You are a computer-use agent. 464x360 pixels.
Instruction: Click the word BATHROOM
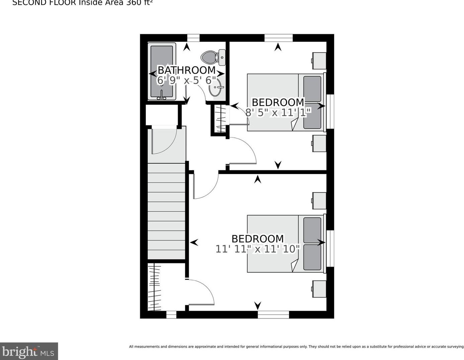coord(186,70)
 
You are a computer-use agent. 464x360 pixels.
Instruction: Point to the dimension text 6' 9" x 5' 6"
coord(186,81)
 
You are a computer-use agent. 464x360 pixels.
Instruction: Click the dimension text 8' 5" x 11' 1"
coord(278,112)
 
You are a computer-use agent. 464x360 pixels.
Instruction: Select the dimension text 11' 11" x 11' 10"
coord(258,249)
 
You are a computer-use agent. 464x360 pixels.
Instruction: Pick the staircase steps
coord(167,211)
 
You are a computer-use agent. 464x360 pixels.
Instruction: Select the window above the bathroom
coord(193,38)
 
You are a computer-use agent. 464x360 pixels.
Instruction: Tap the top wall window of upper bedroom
coord(278,38)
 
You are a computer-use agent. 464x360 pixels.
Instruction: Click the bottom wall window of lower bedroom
coord(273,314)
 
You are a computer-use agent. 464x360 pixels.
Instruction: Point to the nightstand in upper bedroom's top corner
coord(319,61)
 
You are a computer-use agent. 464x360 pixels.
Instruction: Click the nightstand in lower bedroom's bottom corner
coord(319,289)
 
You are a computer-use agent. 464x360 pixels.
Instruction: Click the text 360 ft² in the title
coord(139,3)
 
